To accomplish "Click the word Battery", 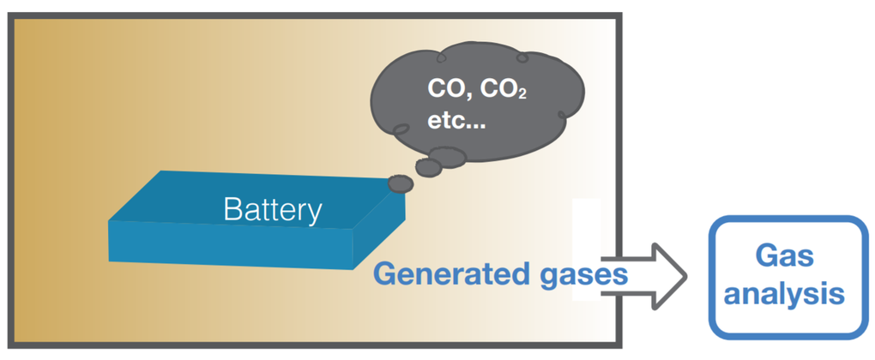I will (x=273, y=209).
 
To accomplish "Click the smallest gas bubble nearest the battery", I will (x=401, y=183).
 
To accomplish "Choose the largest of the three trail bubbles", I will (x=448, y=156).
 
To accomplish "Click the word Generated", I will (x=448, y=274).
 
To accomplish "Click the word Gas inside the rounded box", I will (x=783, y=255).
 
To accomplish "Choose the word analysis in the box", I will (x=783, y=295).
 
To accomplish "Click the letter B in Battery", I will (x=231, y=209).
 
